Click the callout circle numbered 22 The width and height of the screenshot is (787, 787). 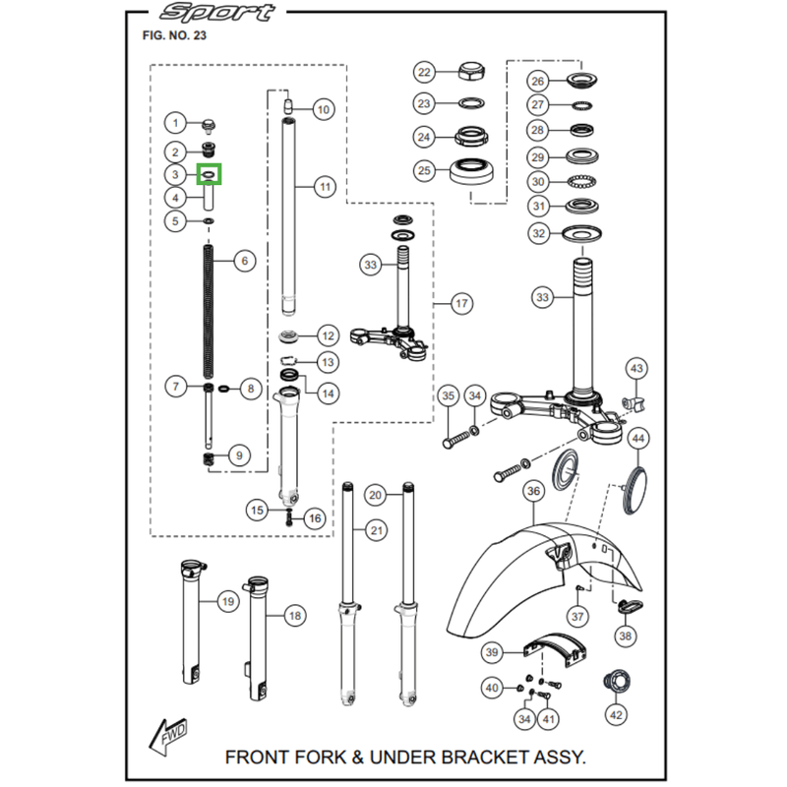coord(424,72)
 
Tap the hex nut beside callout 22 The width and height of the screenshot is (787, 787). coord(471,72)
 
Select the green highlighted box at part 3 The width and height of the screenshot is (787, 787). coord(209,174)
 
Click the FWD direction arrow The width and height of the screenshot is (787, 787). coord(168,735)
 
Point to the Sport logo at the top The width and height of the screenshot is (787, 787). coord(216,13)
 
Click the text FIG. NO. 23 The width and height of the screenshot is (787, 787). coord(174,35)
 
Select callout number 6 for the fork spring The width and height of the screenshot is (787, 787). coord(244,261)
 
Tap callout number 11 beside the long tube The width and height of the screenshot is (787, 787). coord(326,187)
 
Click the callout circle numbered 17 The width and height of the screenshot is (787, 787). coord(461,304)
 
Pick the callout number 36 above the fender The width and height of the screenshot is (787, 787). coord(533,491)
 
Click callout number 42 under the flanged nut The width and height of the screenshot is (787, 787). coord(616,715)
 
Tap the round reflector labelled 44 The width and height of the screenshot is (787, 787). coord(636,491)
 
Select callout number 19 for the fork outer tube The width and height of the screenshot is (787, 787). coord(228,602)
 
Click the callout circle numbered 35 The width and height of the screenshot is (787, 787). coord(449,396)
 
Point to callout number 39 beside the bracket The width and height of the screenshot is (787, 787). coord(492,652)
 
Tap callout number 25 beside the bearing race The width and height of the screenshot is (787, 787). coord(424,170)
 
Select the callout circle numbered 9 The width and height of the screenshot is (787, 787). coord(239,455)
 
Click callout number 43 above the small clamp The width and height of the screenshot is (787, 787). coord(636,369)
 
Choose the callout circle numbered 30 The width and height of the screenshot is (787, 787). coord(537,182)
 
